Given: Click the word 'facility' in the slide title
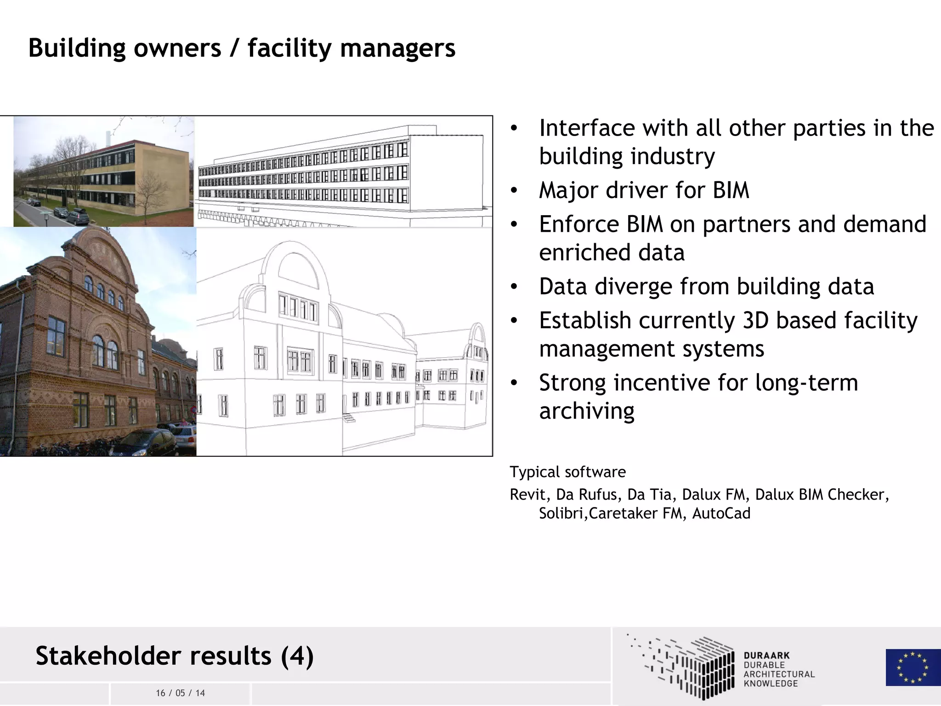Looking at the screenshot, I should pyautogui.click(x=289, y=48).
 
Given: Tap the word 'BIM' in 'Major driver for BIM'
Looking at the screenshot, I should pyautogui.click(x=731, y=190).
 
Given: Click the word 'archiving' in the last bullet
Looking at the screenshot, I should pyautogui.click(x=587, y=411).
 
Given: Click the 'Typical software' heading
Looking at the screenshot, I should pyautogui.click(x=567, y=472).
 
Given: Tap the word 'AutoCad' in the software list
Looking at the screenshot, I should pyautogui.click(x=721, y=513).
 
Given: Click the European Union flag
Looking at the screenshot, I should pyautogui.click(x=913, y=667).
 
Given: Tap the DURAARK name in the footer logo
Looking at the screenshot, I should pyautogui.click(x=766, y=655).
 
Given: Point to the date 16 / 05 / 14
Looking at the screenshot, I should pyautogui.click(x=180, y=693).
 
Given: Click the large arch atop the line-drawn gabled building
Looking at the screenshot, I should pyautogui.click(x=298, y=267).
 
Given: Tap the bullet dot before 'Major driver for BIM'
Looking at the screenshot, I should pyautogui.click(x=514, y=190).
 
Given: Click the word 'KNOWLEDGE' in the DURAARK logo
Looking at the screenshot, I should pyautogui.click(x=771, y=683).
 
